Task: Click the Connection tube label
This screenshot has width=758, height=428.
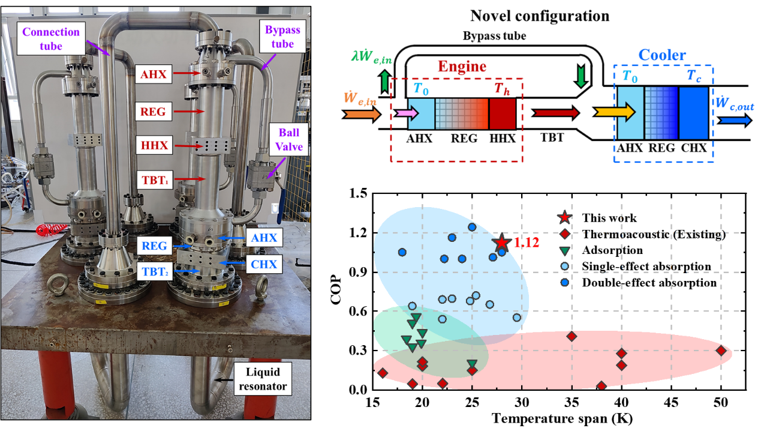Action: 50,38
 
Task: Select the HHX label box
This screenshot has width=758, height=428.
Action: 154,145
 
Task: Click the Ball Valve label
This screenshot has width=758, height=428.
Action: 289,139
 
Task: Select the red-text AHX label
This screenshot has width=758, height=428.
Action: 154,74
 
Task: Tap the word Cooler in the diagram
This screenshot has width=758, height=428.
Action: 662,56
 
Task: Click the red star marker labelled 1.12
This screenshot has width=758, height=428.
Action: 501,242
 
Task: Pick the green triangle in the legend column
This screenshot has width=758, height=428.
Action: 564,250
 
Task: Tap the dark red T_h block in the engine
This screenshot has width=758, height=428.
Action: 502,114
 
